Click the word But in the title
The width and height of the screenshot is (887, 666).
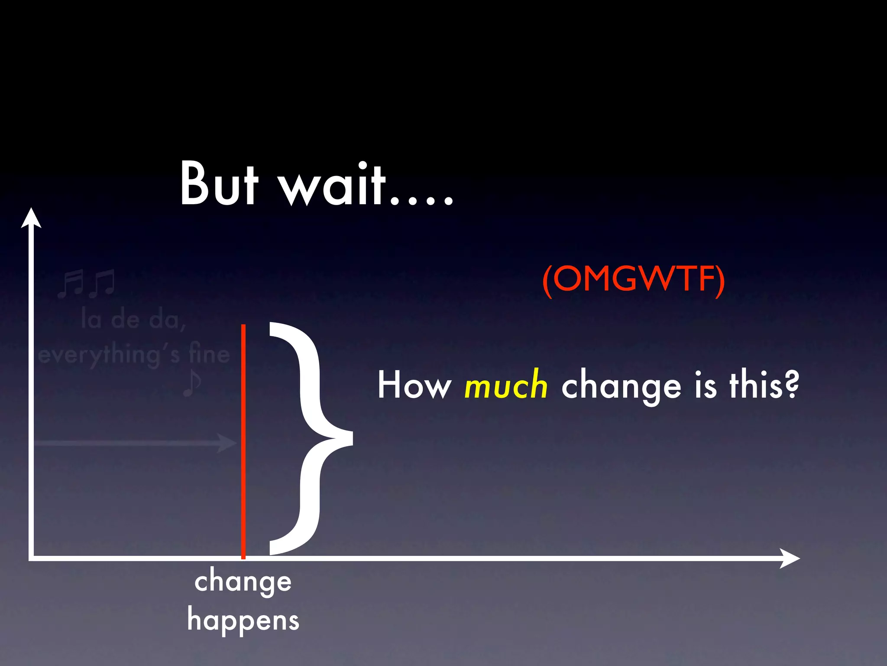pos(219,184)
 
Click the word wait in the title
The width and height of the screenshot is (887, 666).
pos(331,184)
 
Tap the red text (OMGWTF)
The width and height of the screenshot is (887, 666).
pos(633,279)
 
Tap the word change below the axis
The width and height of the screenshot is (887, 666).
pos(243,582)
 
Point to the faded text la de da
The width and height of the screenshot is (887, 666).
pos(133,320)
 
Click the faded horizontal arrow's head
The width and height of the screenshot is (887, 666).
pos(227,443)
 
